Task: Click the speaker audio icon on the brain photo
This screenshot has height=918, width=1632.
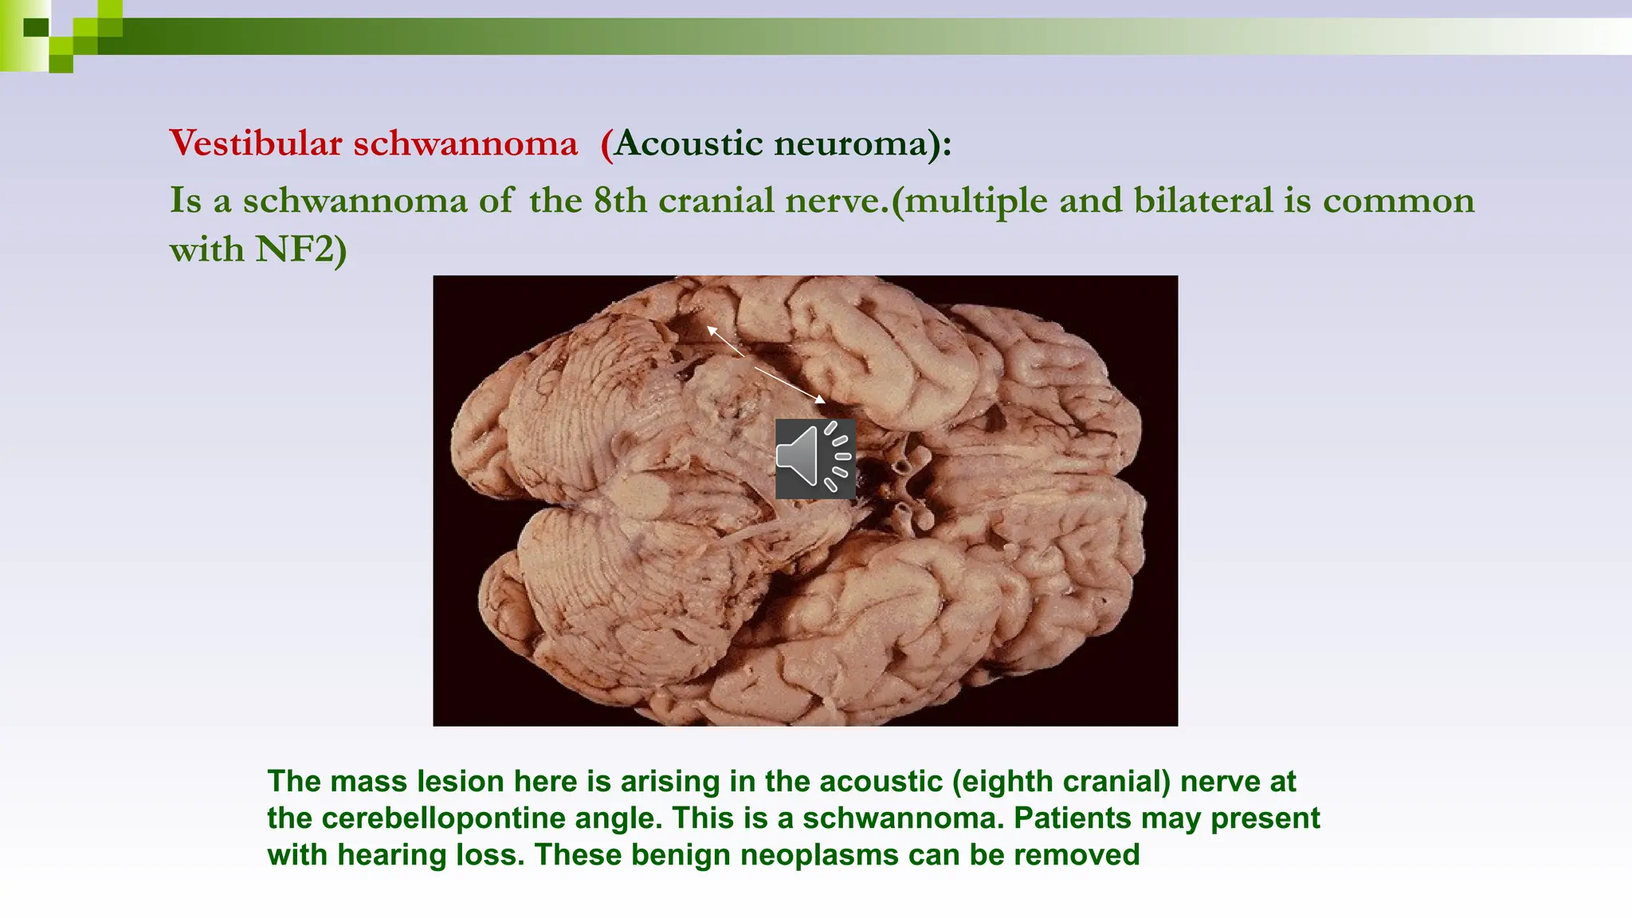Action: point(815,459)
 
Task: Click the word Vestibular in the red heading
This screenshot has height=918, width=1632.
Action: point(255,143)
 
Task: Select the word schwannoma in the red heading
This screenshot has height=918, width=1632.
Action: point(465,143)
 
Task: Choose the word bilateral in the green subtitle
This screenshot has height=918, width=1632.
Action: point(1203,200)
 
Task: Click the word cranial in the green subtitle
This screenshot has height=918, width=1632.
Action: point(716,200)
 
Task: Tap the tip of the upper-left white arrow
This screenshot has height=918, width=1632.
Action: point(708,327)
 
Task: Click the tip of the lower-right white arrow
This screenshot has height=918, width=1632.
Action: point(824,401)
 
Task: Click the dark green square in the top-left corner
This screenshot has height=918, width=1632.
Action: point(36,28)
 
